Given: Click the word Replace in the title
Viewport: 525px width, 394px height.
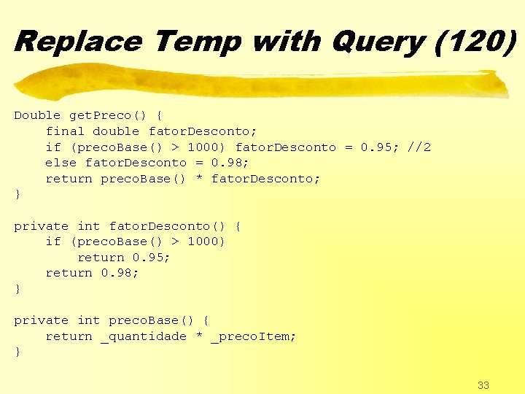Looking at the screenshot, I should coord(77,41).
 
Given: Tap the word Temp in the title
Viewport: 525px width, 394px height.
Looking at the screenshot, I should coord(197,41).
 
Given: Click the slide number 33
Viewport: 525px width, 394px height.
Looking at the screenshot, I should coord(483,385).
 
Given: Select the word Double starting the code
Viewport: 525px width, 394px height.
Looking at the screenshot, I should coord(37,115).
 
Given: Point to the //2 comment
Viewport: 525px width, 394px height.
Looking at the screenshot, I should coord(419,147).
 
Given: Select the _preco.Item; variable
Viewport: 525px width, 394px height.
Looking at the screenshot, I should coord(254,336).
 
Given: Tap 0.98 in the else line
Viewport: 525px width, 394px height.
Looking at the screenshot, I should coord(227,163).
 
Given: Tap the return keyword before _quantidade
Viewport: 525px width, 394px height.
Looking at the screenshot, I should coord(69,336).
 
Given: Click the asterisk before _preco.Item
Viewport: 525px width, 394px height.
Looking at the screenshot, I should coord(199,337).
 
